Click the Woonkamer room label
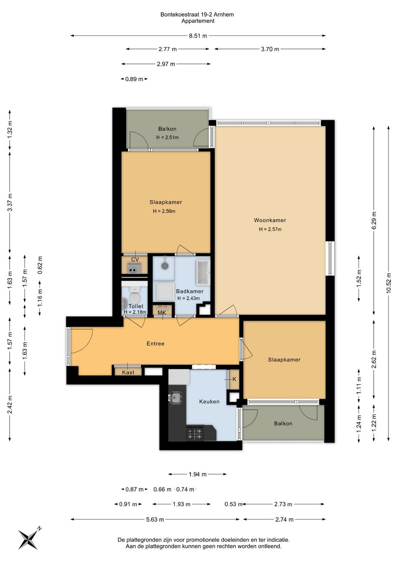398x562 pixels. tap(270, 220)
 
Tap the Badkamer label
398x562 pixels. tap(189, 291)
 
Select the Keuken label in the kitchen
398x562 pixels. tap(209, 402)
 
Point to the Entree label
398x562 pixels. tap(156, 344)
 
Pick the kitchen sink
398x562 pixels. tap(175, 398)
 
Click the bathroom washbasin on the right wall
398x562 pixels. tap(203, 273)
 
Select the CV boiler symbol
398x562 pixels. tap(134, 268)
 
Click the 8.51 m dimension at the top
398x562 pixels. tap(198, 36)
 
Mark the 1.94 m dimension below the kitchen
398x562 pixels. tap(198, 474)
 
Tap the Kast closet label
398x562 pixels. tap(128, 372)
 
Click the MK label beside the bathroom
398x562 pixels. tap(162, 313)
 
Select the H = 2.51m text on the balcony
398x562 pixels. tap(167, 137)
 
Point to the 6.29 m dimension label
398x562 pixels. tap(374, 220)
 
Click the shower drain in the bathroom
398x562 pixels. tap(165, 266)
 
